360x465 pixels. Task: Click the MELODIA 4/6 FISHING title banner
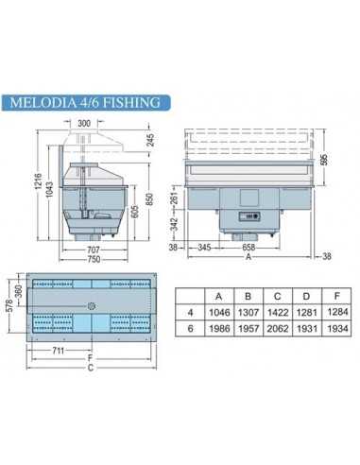pos(88,101)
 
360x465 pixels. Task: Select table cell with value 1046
pos(219,311)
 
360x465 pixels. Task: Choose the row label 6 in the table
pos(193,327)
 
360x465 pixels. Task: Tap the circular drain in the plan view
pos(92,305)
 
